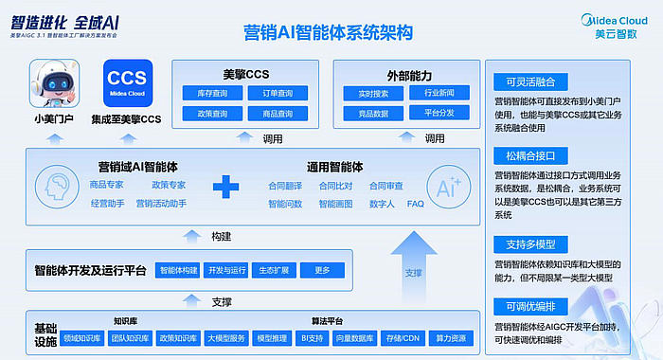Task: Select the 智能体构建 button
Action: [x=177, y=270]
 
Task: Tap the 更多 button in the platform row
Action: [x=322, y=270]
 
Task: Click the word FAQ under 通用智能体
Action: [x=415, y=204]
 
